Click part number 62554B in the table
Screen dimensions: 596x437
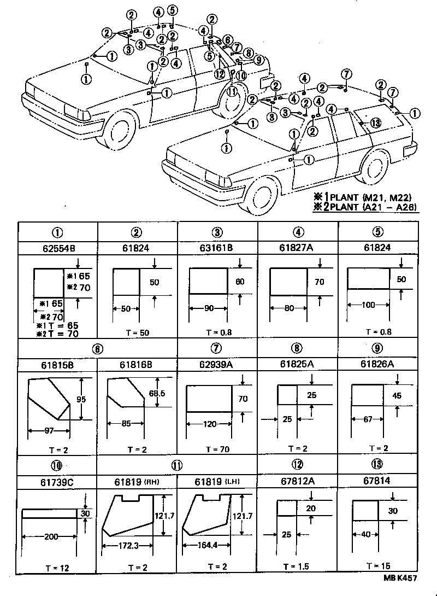58,247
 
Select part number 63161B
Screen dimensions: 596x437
217,247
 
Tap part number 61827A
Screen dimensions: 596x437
298,247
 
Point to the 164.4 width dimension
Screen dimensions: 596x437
210,545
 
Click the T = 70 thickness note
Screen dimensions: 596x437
217,449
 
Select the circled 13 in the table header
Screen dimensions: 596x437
379,465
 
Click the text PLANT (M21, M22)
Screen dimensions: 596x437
377,197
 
